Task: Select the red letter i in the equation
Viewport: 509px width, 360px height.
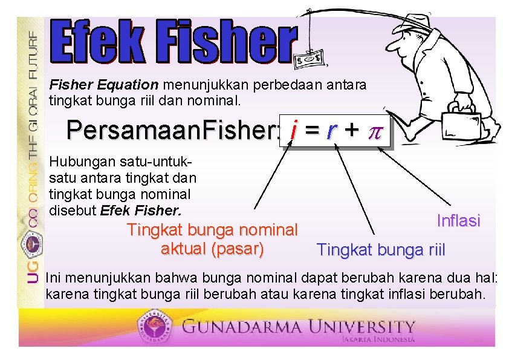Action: (x=293, y=129)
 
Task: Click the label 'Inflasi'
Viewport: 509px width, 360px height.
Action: (x=458, y=221)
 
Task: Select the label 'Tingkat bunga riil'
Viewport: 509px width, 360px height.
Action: (x=381, y=249)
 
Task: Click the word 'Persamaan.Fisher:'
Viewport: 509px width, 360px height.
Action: (x=172, y=129)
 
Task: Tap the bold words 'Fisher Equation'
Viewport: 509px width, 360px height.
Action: (x=104, y=85)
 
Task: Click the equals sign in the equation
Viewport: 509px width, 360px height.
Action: (x=313, y=129)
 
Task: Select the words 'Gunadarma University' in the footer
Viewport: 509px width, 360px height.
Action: (x=299, y=327)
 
